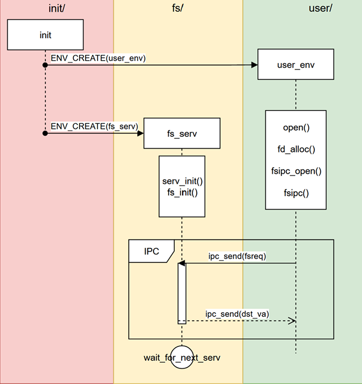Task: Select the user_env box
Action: point(295,65)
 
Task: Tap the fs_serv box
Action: point(181,134)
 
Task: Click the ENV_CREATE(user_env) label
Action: point(98,58)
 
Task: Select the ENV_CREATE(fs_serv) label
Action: point(94,126)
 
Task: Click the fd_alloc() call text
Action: point(296,149)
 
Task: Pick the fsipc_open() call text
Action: point(296,170)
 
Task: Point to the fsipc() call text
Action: point(296,192)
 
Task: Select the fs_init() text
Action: point(182,192)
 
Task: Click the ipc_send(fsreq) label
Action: point(236,256)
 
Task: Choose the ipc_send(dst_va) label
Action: point(237,314)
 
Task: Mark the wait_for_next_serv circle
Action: point(182,357)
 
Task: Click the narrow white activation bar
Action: point(182,293)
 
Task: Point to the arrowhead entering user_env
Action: point(254,65)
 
